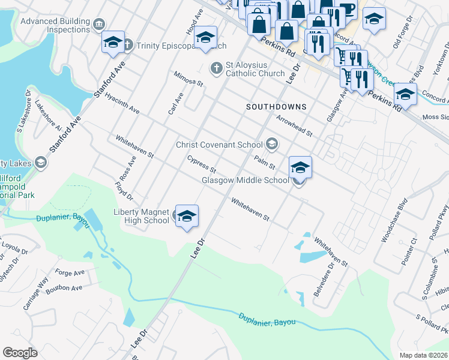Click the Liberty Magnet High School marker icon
point(187,217)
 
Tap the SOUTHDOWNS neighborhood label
point(277,107)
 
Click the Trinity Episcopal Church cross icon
point(127,45)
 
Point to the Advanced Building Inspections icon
point(99,24)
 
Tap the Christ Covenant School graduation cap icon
point(272,144)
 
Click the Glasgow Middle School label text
point(245,180)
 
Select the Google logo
point(19,353)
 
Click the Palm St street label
point(264,161)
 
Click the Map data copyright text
point(423,355)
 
